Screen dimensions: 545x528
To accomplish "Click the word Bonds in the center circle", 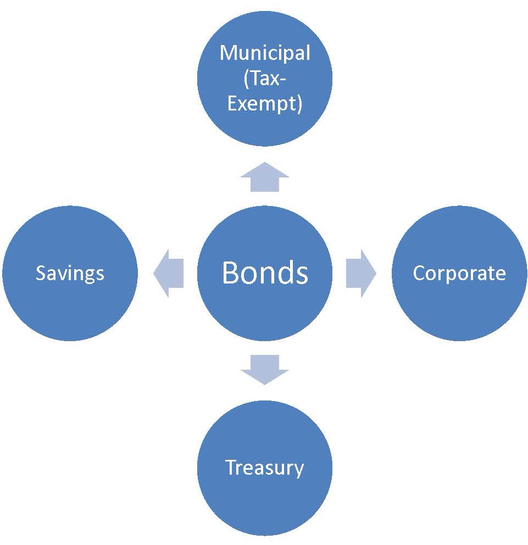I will [265, 272].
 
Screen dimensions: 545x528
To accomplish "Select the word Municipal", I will [265, 53].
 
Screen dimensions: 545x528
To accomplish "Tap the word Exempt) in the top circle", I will [265, 104].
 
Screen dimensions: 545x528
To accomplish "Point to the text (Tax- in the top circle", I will [265, 79].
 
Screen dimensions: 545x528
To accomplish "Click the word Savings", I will [70, 273].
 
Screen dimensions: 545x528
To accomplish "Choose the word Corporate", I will [459, 273].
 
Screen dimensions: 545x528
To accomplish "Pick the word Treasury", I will [265, 468].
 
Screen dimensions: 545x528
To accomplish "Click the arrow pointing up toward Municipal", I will [265, 177].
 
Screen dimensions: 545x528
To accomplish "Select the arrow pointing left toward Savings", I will [168, 273].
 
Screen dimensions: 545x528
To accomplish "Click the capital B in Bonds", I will [230, 272].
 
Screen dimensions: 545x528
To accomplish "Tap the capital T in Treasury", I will [231, 468].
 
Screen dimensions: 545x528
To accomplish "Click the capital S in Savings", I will [40, 273].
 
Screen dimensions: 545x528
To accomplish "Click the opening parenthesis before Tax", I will [246, 79].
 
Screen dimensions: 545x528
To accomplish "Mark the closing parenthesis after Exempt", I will [299, 104].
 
